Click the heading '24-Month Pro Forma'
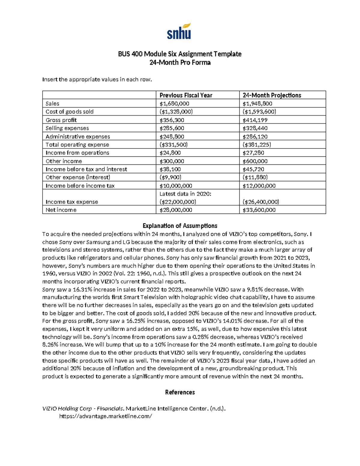click(180, 62)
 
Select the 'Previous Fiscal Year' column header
click(186, 95)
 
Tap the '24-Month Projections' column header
click(272, 95)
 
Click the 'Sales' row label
click(52, 104)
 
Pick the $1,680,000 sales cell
click(174, 104)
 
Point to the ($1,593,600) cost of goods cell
click(259, 112)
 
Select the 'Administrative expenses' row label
click(78, 137)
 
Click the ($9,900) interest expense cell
click(170, 177)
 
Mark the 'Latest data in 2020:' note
click(185, 194)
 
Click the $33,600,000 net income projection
click(259, 210)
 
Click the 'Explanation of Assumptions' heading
click(180, 226)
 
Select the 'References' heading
click(180, 392)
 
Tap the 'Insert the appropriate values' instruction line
click(97, 80)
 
